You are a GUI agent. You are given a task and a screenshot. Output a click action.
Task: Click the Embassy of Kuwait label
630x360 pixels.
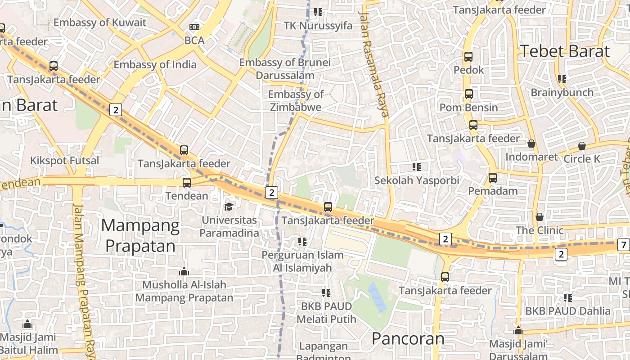pyautogui.click(x=100, y=22)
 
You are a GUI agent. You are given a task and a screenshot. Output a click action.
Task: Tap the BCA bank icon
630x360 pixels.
pyautogui.click(x=194, y=27)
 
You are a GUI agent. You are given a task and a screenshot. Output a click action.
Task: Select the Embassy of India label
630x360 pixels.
pyautogui.click(x=155, y=64)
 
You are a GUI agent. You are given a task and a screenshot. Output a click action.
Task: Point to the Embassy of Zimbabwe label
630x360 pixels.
pyautogui.click(x=296, y=100)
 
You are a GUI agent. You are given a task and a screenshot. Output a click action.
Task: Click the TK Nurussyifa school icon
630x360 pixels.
pyautogui.click(x=318, y=12)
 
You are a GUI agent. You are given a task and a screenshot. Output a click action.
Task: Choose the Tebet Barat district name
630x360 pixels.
pyautogui.click(x=565, y=51)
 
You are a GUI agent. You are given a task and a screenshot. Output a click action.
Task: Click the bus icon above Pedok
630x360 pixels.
pyautogui.click(x=468, y=57)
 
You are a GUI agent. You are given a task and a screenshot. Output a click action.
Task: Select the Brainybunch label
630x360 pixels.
pyautogui.click(x=562, y=92)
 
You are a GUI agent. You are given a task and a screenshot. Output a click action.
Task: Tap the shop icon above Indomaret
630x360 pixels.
pyautogui.click(x=531, y=144)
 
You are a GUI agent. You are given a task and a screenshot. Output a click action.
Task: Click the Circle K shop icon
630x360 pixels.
pyautogui.click(x=582, y=146)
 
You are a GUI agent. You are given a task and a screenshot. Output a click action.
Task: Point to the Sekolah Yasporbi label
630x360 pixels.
pyautogui.click(x=417, y=180)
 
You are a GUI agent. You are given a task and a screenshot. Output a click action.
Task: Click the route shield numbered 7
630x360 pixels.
pyautogui.click(x=623, y=245)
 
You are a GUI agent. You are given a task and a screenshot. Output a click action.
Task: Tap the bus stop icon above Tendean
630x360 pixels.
pyautogui.click(x=186, y=183)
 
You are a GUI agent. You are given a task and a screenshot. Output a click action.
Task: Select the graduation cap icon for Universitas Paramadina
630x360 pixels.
pyautogui.click(x=229, y=207)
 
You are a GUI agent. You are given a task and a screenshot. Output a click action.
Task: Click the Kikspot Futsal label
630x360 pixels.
pyautogui.click(x=64, y=161)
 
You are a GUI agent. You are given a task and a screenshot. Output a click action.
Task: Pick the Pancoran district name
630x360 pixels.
pyautogui.click(x=408, y=338)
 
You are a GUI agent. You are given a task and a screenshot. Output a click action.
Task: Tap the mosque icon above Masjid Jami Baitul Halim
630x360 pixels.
pyautogui.click(x=27, y=324)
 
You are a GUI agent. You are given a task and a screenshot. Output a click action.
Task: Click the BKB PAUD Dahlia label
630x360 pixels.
pyautogui.click(x=568, y=311)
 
